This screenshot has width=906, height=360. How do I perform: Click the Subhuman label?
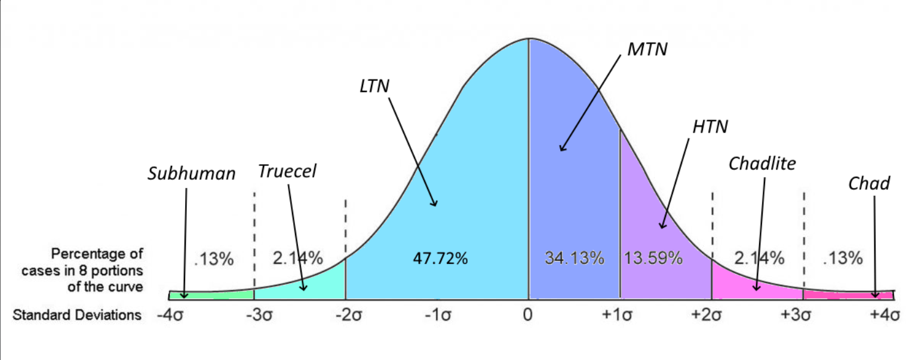(x=191, y=174)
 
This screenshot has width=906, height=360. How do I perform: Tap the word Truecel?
(x=287, y=171)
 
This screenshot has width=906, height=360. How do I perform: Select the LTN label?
(x=374, y=86)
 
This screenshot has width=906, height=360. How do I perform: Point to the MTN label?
(x=647, y=50)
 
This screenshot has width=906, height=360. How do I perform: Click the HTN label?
(x=710, y=127)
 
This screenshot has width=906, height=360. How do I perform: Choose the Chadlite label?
(x=763, y=164)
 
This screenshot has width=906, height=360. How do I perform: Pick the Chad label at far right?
(x=869, y=184)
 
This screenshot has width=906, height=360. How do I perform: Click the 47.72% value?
(x=440, y=258)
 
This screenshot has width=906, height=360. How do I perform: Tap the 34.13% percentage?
(x=575, y=258)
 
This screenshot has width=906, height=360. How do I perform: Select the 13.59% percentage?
(x=653, y=258)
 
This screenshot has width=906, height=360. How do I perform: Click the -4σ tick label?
(x=170, y=315)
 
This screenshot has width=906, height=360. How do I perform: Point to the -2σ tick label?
(x=349, y=315)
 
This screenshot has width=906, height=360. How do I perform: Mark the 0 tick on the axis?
(x=527, y=315)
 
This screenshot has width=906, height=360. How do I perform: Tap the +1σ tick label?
(x=617, y=315)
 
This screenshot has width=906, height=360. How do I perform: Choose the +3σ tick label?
(x=796, y=315)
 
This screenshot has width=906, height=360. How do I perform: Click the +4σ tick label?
(x=885, y=315)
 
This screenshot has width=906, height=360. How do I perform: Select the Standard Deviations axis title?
(x=77, y=315)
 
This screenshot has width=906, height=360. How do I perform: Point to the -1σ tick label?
(x=438, y=315)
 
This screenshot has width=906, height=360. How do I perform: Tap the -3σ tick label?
(x=259, y=315)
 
